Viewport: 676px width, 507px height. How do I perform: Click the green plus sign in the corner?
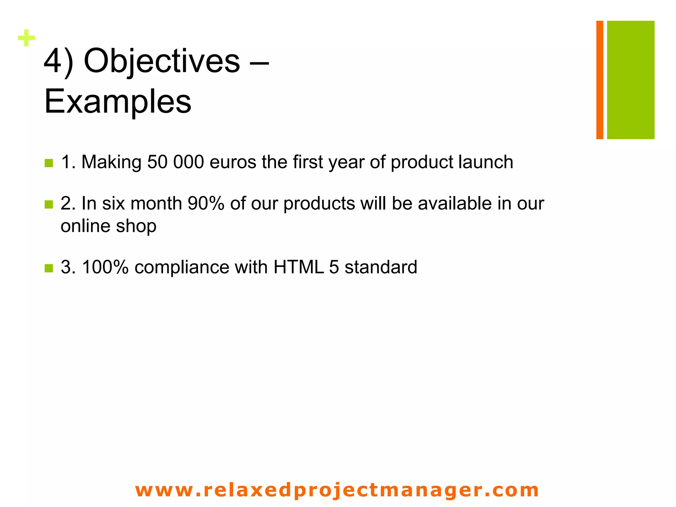(x=26, y=38)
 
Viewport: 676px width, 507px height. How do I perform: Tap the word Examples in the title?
(x=118, y=101)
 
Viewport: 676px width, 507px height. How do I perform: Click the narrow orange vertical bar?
(x=599, y=80)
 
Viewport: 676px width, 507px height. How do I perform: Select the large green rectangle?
(x=630, y=80)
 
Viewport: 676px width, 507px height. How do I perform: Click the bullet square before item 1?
(x=49, y=163)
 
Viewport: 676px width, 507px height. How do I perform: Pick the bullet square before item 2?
(x=49, y=204)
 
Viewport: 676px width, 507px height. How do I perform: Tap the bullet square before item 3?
(x=49, y=268)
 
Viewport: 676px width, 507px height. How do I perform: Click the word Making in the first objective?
(x=111, y=162)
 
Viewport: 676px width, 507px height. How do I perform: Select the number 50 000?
(x=175, y=162)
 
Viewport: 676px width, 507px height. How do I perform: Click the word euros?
(x=232, y=162)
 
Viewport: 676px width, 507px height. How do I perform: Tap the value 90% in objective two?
(x=206, y=203)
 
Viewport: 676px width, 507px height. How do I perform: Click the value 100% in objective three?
(x=105, y=267)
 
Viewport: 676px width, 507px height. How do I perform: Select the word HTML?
(x=298, y=267)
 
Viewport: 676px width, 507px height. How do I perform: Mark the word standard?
(x=381, y=267)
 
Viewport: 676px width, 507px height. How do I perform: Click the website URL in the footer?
(x=337, y=490)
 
